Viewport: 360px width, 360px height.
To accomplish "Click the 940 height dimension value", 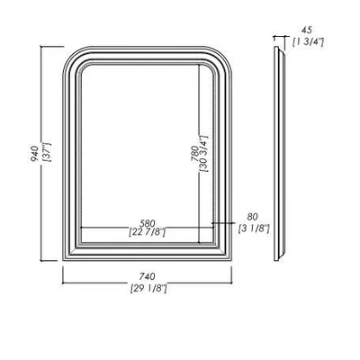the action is coord(34,153).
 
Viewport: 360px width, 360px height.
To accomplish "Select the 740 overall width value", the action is coord(148,275).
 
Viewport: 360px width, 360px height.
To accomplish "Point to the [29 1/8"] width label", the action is coord(148,289).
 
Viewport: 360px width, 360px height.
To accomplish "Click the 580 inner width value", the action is coord(148,223).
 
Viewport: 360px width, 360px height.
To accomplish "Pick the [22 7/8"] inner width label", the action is coord(147,232).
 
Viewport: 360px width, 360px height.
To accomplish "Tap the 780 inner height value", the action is coord(195,154).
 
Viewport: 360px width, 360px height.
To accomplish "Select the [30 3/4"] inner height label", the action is coord(204,153).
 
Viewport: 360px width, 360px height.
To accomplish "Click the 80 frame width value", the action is coord(252,216).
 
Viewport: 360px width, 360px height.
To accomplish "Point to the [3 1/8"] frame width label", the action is coord(254,229).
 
